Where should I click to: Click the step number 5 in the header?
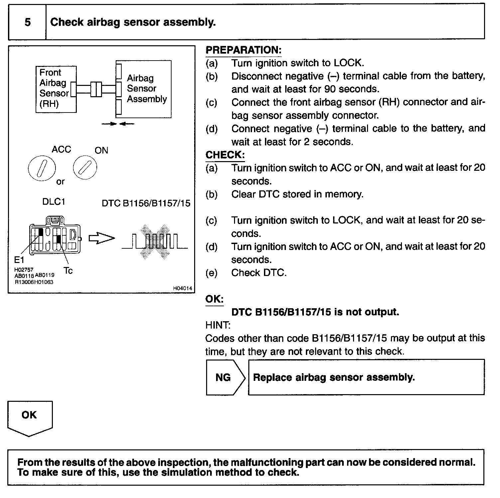coord(28,22)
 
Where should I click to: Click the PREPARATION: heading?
coord(243,50)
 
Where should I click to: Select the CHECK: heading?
coord(225,155)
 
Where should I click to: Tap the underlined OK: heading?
coord(214,299)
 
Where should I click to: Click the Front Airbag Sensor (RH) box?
coord(56,89)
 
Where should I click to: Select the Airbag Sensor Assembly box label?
coord(146,89)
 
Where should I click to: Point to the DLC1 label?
coord(54,202)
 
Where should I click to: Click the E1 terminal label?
coord(19,260)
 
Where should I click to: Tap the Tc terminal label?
coord(68,271)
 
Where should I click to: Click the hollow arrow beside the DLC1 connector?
coord(101,238)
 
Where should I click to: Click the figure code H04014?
coord(183,289)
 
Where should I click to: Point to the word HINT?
coord(218,325)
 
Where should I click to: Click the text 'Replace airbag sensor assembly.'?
coord(334,377)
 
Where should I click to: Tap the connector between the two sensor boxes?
coord(96,89)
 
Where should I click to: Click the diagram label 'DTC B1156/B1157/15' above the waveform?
coord(146,203)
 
